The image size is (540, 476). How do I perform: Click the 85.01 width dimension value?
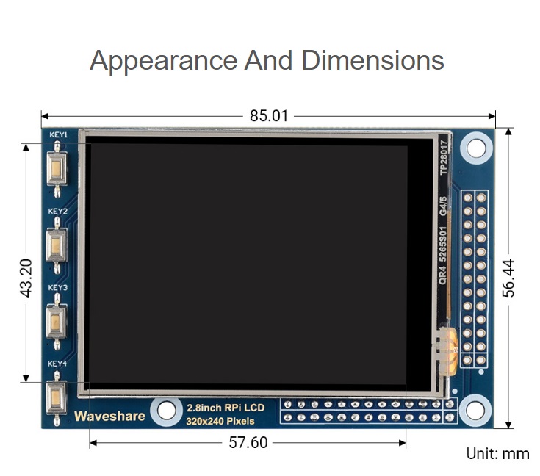click(269, 116)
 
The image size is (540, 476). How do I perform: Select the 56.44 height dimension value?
click(508, 278)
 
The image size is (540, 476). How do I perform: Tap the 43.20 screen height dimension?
click(26, 278)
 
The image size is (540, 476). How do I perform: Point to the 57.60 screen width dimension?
click(248, 442)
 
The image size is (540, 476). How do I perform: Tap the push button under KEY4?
click(57, 398)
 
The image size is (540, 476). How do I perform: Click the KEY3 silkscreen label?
click(58, 288)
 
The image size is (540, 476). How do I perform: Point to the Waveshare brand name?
click(109, 416)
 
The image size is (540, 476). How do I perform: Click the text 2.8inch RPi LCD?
click(226, 408)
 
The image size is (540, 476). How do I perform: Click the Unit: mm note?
click(497, 454)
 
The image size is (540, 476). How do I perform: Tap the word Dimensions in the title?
click(372, 60)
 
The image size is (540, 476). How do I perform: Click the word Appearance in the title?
click(164, 61)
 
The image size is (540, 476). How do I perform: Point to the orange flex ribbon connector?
click(447, 348)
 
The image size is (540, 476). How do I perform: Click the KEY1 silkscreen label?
click(58, 134)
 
